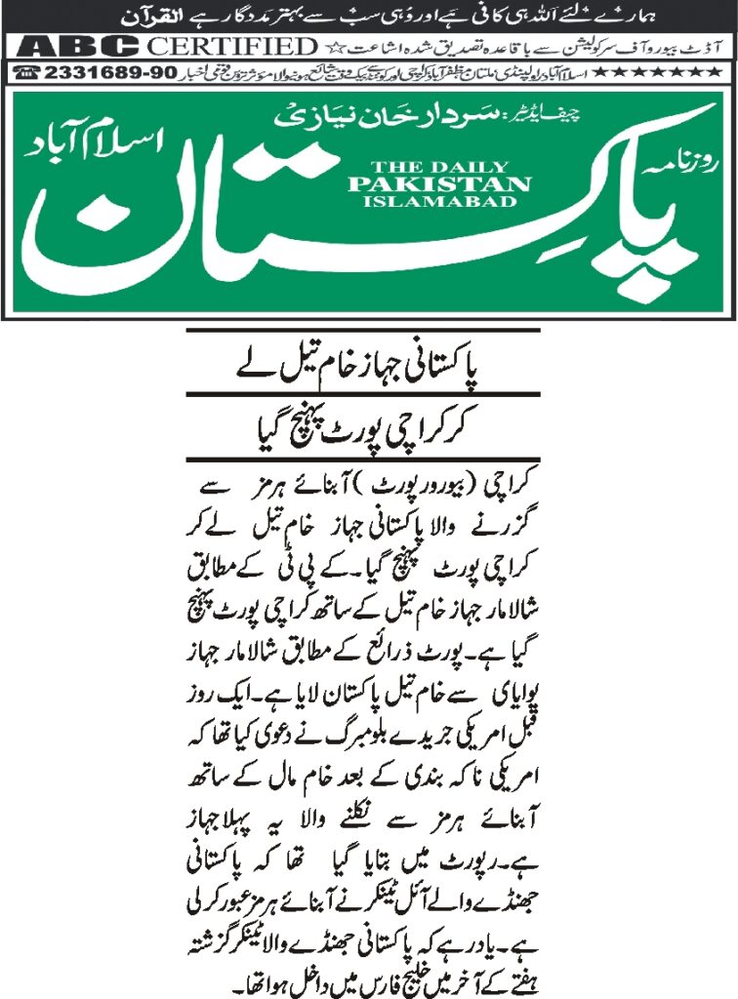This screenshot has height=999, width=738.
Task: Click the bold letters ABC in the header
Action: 74,47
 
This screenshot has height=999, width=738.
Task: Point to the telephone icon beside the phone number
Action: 26,73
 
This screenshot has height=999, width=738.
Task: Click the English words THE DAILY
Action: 438,167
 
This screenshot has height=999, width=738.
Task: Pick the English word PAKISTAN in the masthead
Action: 438,183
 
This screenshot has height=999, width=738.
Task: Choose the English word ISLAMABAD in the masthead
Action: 438,201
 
